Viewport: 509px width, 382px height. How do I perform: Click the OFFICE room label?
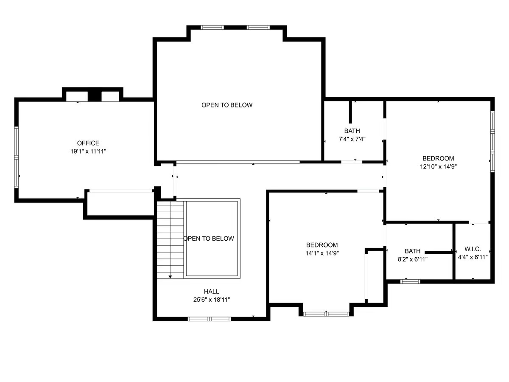pos(88,143)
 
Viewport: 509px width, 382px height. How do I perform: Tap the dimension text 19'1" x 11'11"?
pos(88,151)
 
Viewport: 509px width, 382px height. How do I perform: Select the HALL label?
pos(211,291)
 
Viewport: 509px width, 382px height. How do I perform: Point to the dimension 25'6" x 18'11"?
pos(211,300)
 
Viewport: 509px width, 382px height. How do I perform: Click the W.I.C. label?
pos(473,249)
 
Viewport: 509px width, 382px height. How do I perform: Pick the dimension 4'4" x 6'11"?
pos(473,257)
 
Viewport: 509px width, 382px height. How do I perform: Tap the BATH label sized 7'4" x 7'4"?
pos(352,131)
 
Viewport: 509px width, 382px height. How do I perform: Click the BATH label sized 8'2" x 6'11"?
pos(412,251)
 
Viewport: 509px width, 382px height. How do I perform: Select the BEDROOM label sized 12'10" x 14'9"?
pos(438,158)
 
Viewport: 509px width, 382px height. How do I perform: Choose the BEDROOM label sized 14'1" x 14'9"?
pos(322,245)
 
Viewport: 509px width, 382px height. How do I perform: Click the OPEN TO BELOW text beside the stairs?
pos(208,239)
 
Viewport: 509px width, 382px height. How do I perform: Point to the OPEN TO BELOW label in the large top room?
pos(227,105)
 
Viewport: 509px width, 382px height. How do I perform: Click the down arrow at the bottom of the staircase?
pos(170,276)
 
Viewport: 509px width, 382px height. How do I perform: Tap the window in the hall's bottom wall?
pos(209,318)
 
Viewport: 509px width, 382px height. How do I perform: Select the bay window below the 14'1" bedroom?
pos(327,314)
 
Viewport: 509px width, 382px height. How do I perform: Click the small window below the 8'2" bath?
pos(410,281)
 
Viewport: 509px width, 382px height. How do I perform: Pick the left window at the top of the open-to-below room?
pos(212,28)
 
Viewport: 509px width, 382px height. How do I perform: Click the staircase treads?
pos(170,238)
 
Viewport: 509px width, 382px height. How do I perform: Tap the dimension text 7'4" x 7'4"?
pos(352,139)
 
